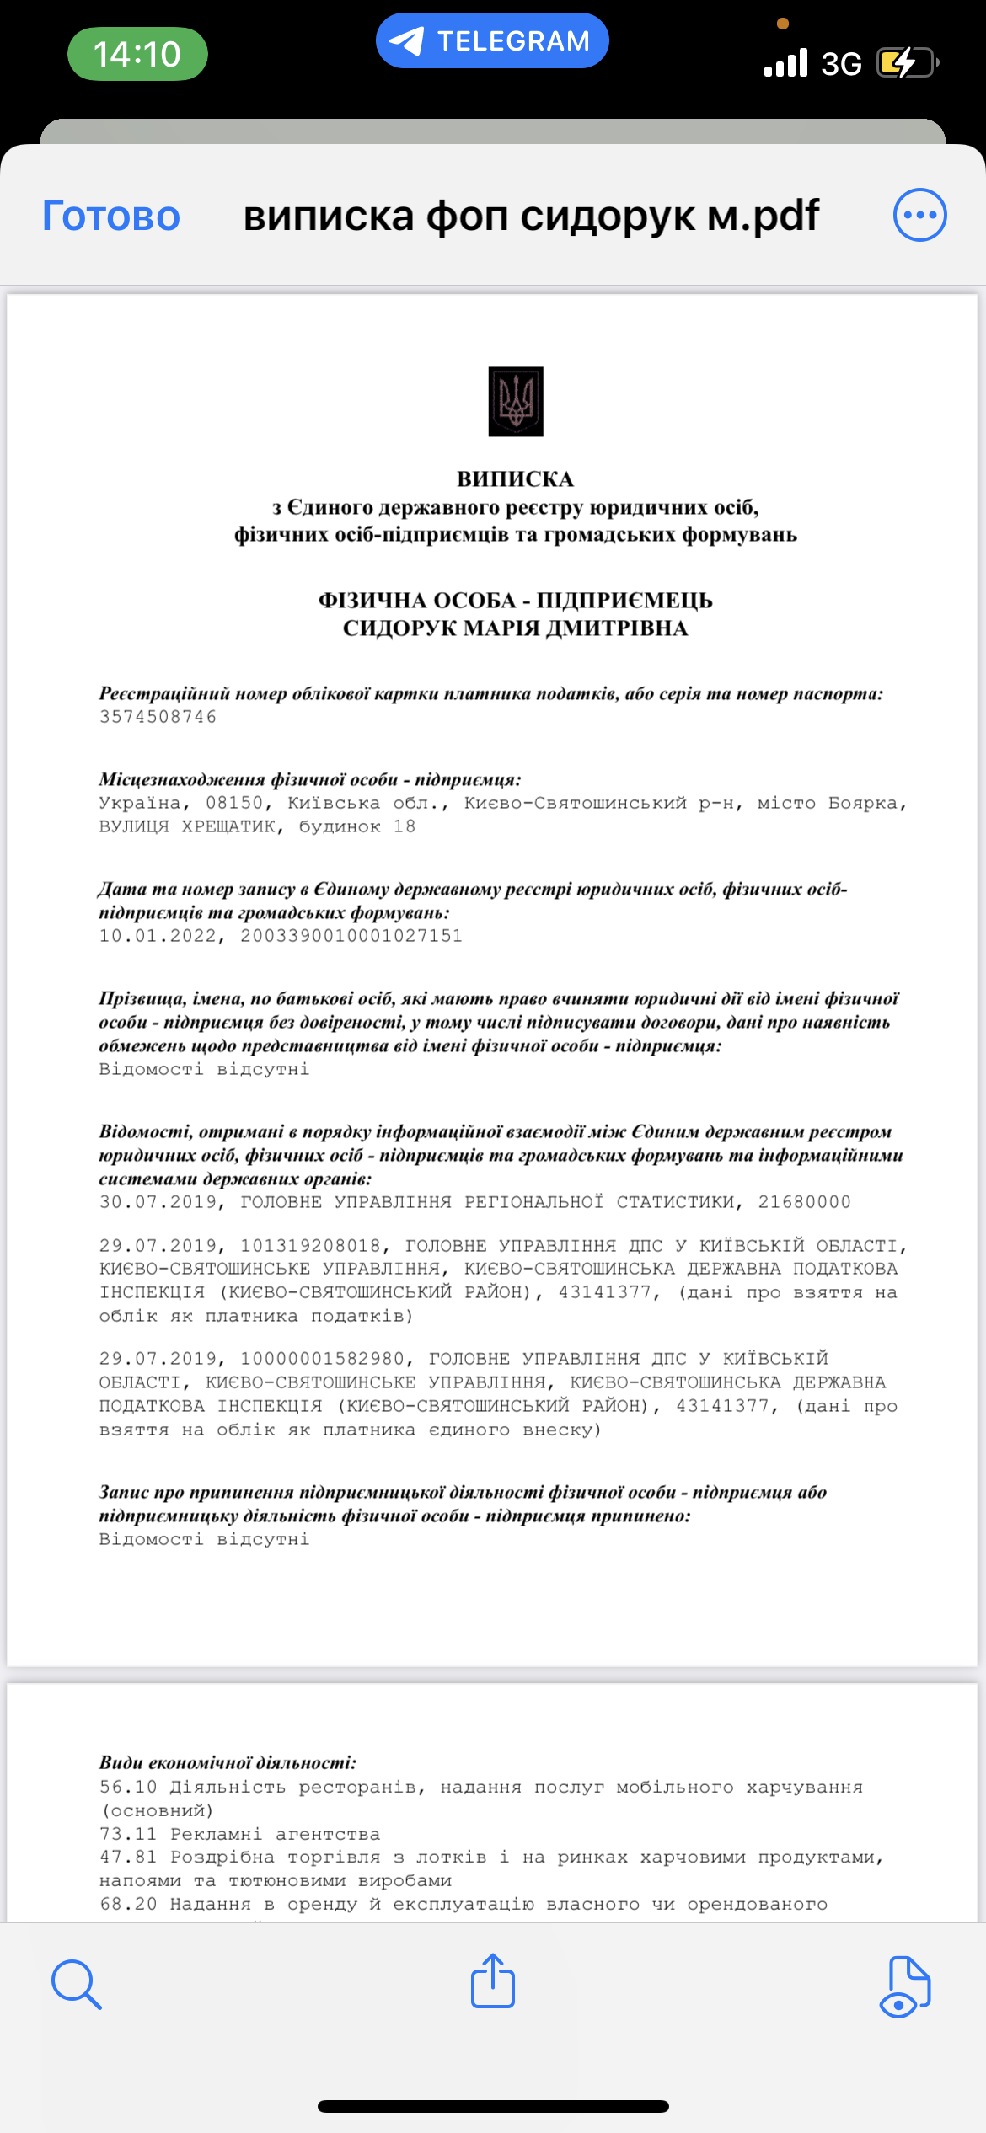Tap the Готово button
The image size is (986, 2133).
(111, 216)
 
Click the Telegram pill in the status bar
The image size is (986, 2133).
(492, 40)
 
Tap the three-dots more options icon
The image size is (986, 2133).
(919, 215)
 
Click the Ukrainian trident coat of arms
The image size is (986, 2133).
(516, 401)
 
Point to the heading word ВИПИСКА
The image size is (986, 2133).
(515, 479)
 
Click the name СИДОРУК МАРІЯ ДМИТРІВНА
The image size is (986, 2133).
(515, 628)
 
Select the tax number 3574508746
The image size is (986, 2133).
(158, 717)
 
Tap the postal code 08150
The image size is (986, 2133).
(234, 803)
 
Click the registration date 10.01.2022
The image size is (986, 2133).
(158, 936)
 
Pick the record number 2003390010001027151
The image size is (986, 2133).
(351, 936)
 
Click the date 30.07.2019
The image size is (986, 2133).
(158, 1202)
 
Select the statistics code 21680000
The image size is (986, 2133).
(804, 1202)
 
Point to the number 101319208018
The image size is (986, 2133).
(310, 1246)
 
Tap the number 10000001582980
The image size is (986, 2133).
(322, 1359)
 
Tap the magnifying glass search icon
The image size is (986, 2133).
(76, 1984)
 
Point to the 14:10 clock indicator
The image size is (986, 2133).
(137, 54)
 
